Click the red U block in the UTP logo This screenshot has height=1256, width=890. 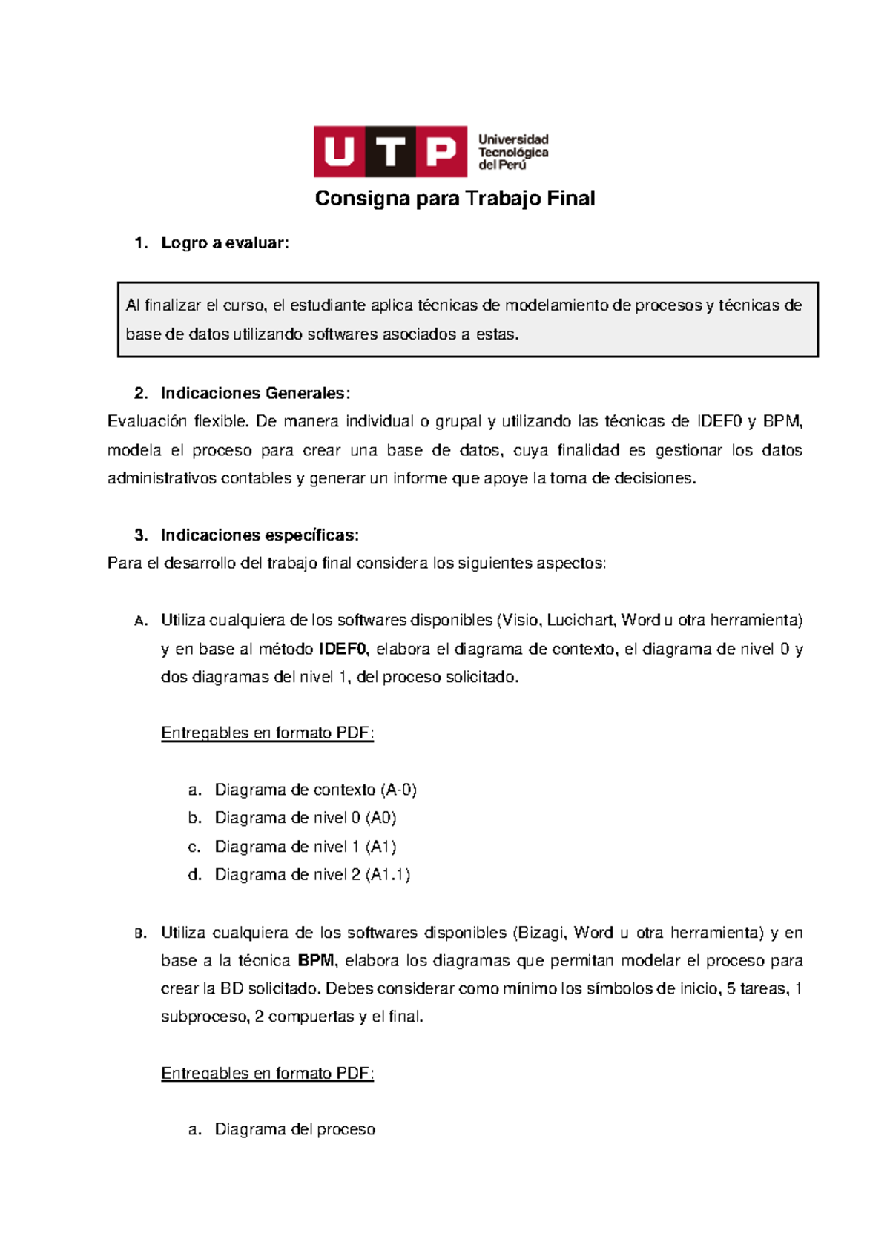pos(339,152)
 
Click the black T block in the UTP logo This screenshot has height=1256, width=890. pos(390,152)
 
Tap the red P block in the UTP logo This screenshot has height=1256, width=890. pos(441,152)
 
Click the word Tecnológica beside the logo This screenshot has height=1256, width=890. pos(513,152)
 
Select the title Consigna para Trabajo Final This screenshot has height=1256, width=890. pos(455,199)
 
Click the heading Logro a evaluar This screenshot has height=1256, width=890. pos(225,243)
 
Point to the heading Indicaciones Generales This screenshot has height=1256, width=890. pos(255,393)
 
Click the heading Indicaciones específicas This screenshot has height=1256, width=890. pos(260,535)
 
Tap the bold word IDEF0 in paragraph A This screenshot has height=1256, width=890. pos(343,649)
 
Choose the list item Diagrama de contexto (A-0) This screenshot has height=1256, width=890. pos(315,790)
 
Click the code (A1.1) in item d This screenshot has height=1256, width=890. pos(388,875)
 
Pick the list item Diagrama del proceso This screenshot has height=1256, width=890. pos(294,1129)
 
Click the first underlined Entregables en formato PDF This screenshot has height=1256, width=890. pos(267,733)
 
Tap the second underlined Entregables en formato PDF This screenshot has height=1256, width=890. pos(267,1074)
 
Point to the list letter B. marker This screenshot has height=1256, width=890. pos(141,934)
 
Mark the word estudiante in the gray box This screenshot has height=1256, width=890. pos(327,305)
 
